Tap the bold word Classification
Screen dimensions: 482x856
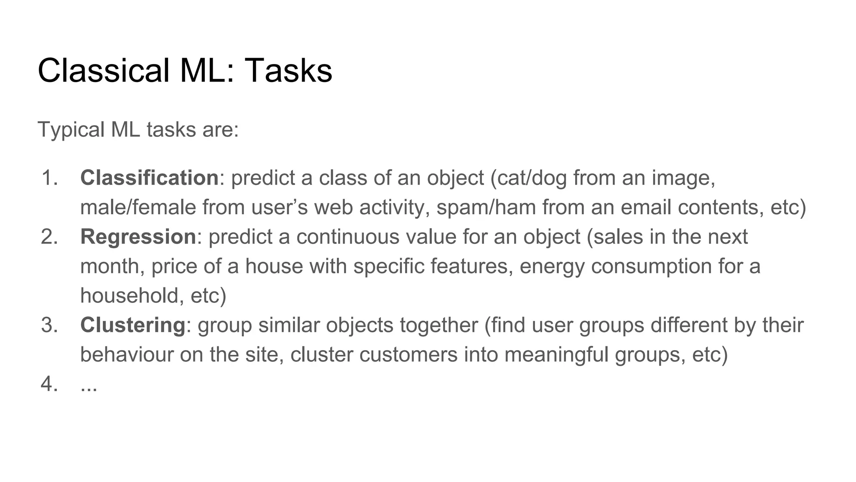(x=149, y=178)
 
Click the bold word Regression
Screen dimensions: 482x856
(x=138, y=237)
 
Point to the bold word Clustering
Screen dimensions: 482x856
(x=132, y=325)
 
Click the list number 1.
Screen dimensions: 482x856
(x=49, y=178)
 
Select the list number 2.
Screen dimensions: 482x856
(x=49, y=237)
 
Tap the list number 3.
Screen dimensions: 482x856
(x=49, y=325)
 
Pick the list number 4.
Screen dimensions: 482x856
(x=49, y=384)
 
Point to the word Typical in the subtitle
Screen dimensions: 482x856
(x=71, y=130)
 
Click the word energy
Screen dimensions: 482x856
(x=552, y=267)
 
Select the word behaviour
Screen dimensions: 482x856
(x=127, y=355)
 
